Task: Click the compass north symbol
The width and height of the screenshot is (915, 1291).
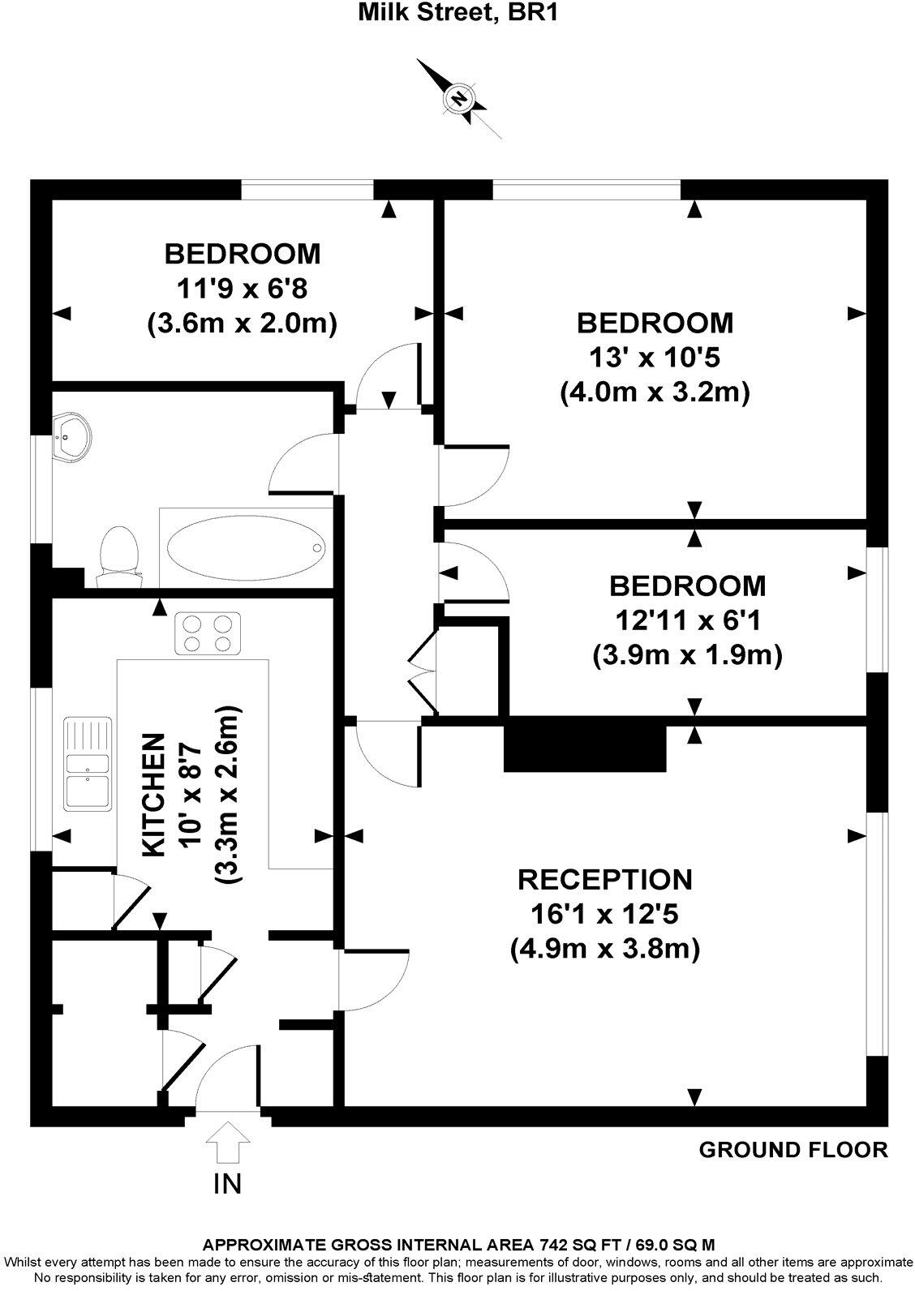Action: click(460, 98)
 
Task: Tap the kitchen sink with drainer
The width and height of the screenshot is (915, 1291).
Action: click(88, 762)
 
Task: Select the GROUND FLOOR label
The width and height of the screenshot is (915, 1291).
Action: click(793, 1149)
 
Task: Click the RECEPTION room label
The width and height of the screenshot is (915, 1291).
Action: click(605, 879)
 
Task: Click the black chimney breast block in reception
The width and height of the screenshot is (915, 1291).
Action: click(585, 747)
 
